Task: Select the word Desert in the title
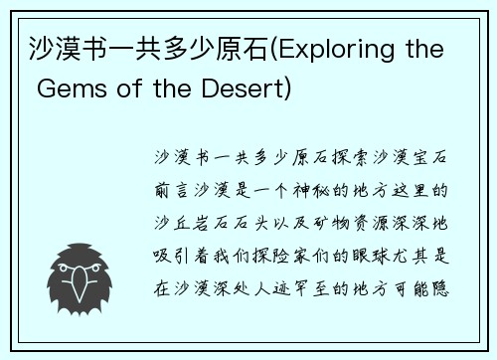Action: [x=248, y=90]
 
